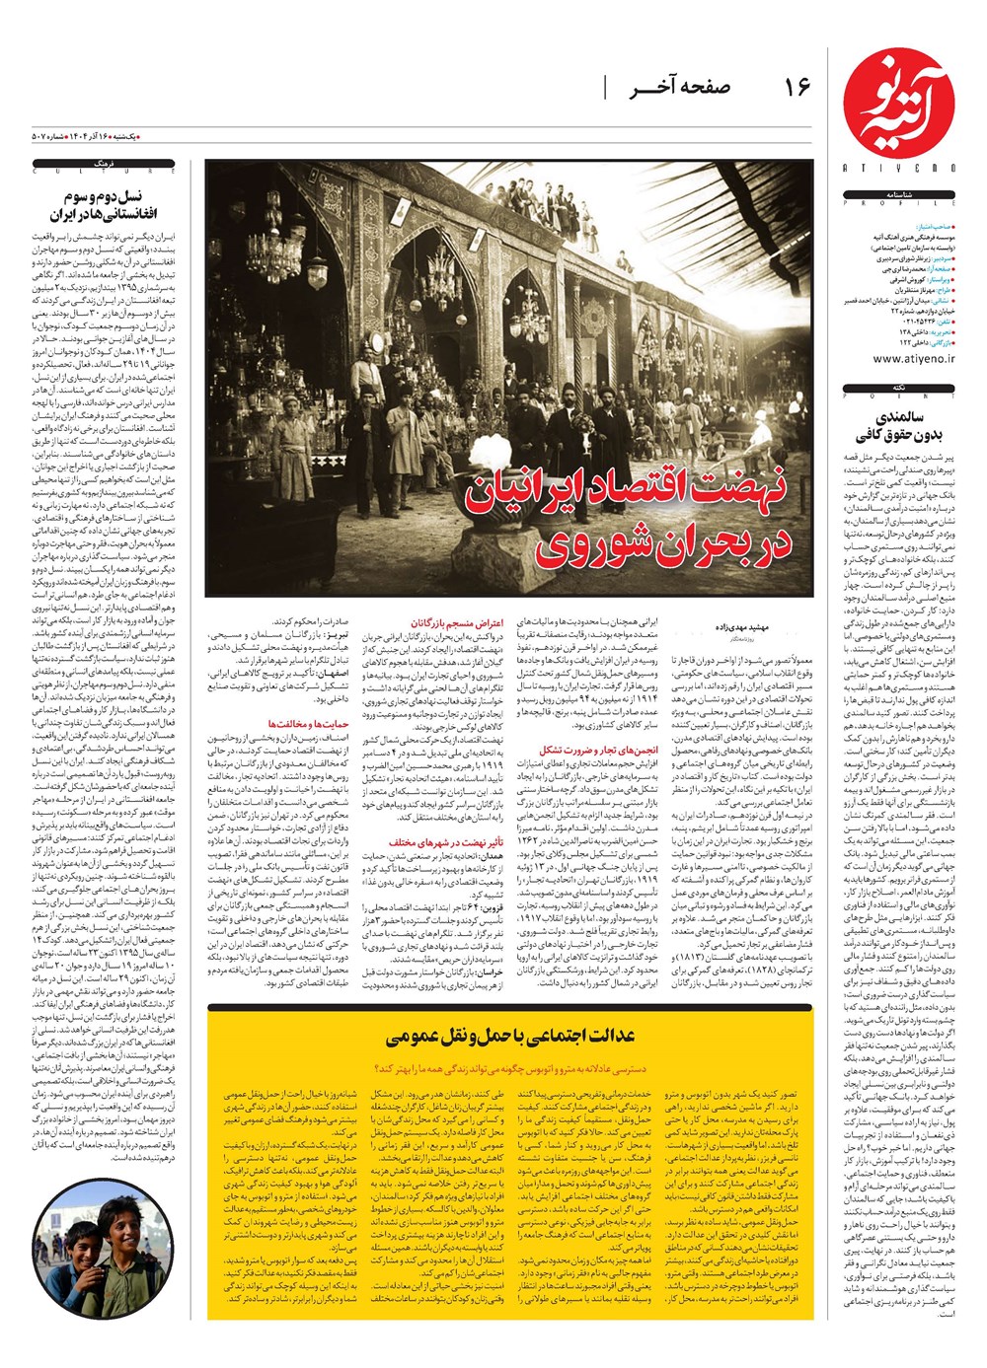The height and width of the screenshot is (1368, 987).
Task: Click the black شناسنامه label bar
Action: (x=900, y=194)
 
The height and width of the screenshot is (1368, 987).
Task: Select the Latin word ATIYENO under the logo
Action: (x=899, y=168)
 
